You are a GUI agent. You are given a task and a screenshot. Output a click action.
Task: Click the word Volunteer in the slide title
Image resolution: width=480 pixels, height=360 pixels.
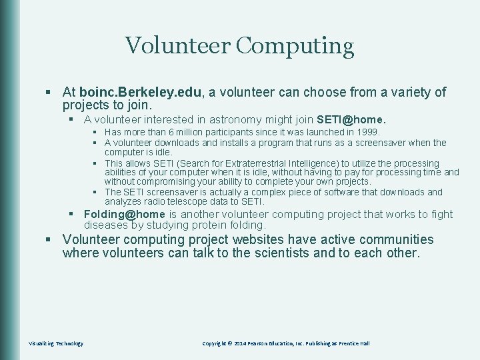(x=177, y=46)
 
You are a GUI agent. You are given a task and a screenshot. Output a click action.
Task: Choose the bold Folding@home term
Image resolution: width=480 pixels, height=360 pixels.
(x=124, y=214)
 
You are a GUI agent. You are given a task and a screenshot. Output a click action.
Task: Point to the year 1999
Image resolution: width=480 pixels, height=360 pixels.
(x=367, y=133)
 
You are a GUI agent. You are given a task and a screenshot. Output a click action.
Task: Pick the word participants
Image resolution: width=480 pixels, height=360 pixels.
(x=216, y=133)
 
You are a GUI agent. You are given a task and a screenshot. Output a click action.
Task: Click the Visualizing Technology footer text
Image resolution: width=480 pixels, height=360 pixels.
(x=56, y=343)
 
